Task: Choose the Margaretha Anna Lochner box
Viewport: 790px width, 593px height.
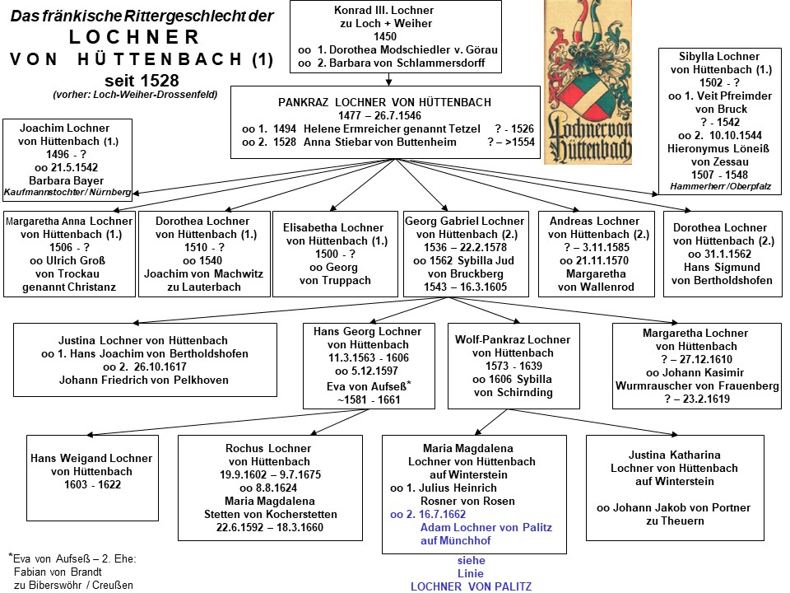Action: tap(68, 254)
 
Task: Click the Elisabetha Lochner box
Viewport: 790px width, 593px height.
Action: tap(334, 254)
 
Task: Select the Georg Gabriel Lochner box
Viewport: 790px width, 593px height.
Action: tap(464, 254)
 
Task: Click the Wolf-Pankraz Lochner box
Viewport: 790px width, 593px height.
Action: tap(513, 366)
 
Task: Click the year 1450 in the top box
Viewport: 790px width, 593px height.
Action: tap(384, 37)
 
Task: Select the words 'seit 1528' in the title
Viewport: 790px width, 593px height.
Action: tap(142, 81)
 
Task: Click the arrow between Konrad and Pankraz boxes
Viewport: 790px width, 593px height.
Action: tap(388, 80)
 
